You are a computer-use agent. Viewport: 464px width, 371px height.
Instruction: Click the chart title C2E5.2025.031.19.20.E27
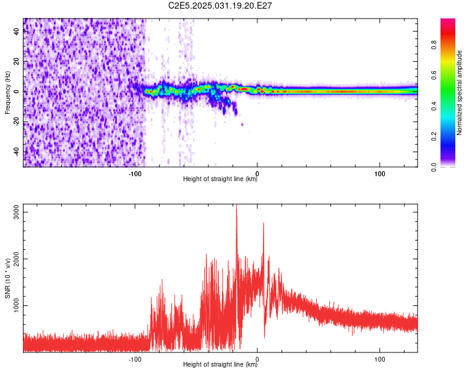[x=221, y=6]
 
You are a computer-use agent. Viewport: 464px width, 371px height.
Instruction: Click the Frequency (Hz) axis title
[x=7, y=93]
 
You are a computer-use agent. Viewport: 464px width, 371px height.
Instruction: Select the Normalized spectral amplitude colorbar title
[x=460, y=93]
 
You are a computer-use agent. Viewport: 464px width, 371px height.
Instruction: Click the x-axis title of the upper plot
[x=220, y=179]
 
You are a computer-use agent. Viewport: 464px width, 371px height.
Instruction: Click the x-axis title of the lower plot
[x=220, y=365]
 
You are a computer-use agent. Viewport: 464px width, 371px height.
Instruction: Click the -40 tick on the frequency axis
[x=16, y=152]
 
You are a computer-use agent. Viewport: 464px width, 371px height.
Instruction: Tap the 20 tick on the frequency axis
[x=16, y=61]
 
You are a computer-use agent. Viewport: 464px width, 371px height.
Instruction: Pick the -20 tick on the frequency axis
[x=16, y=122]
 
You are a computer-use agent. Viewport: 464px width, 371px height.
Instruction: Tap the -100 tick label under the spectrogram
[x=135, y=173]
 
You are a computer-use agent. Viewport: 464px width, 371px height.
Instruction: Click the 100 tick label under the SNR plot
[x=380, y=359]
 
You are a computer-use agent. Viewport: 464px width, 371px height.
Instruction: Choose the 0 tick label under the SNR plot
[x=257, y=359]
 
